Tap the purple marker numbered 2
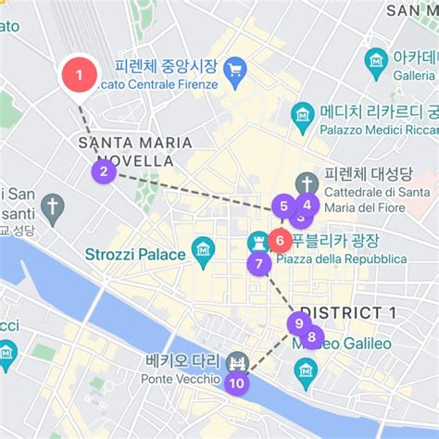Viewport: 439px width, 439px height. (x=104, y=171)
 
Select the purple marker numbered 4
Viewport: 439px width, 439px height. (x=307, y=206)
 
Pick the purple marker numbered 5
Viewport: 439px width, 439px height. (x=283, y=207)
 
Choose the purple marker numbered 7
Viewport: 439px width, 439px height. (x=259, y=265)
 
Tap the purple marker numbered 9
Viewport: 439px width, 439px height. (x=297, y=324)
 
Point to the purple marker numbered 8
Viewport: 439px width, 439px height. (x=313, y=338)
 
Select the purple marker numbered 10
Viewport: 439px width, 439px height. (x=237, y=383)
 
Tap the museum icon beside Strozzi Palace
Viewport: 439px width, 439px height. (x=203, y=248)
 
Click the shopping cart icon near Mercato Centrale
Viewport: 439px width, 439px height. (x=235, y=69)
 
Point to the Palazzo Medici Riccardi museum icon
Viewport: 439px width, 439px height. (x=303, y=114)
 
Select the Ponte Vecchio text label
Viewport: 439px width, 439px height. (x=181, y=379)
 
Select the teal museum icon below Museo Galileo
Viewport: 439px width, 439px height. (x=306, y=373)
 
